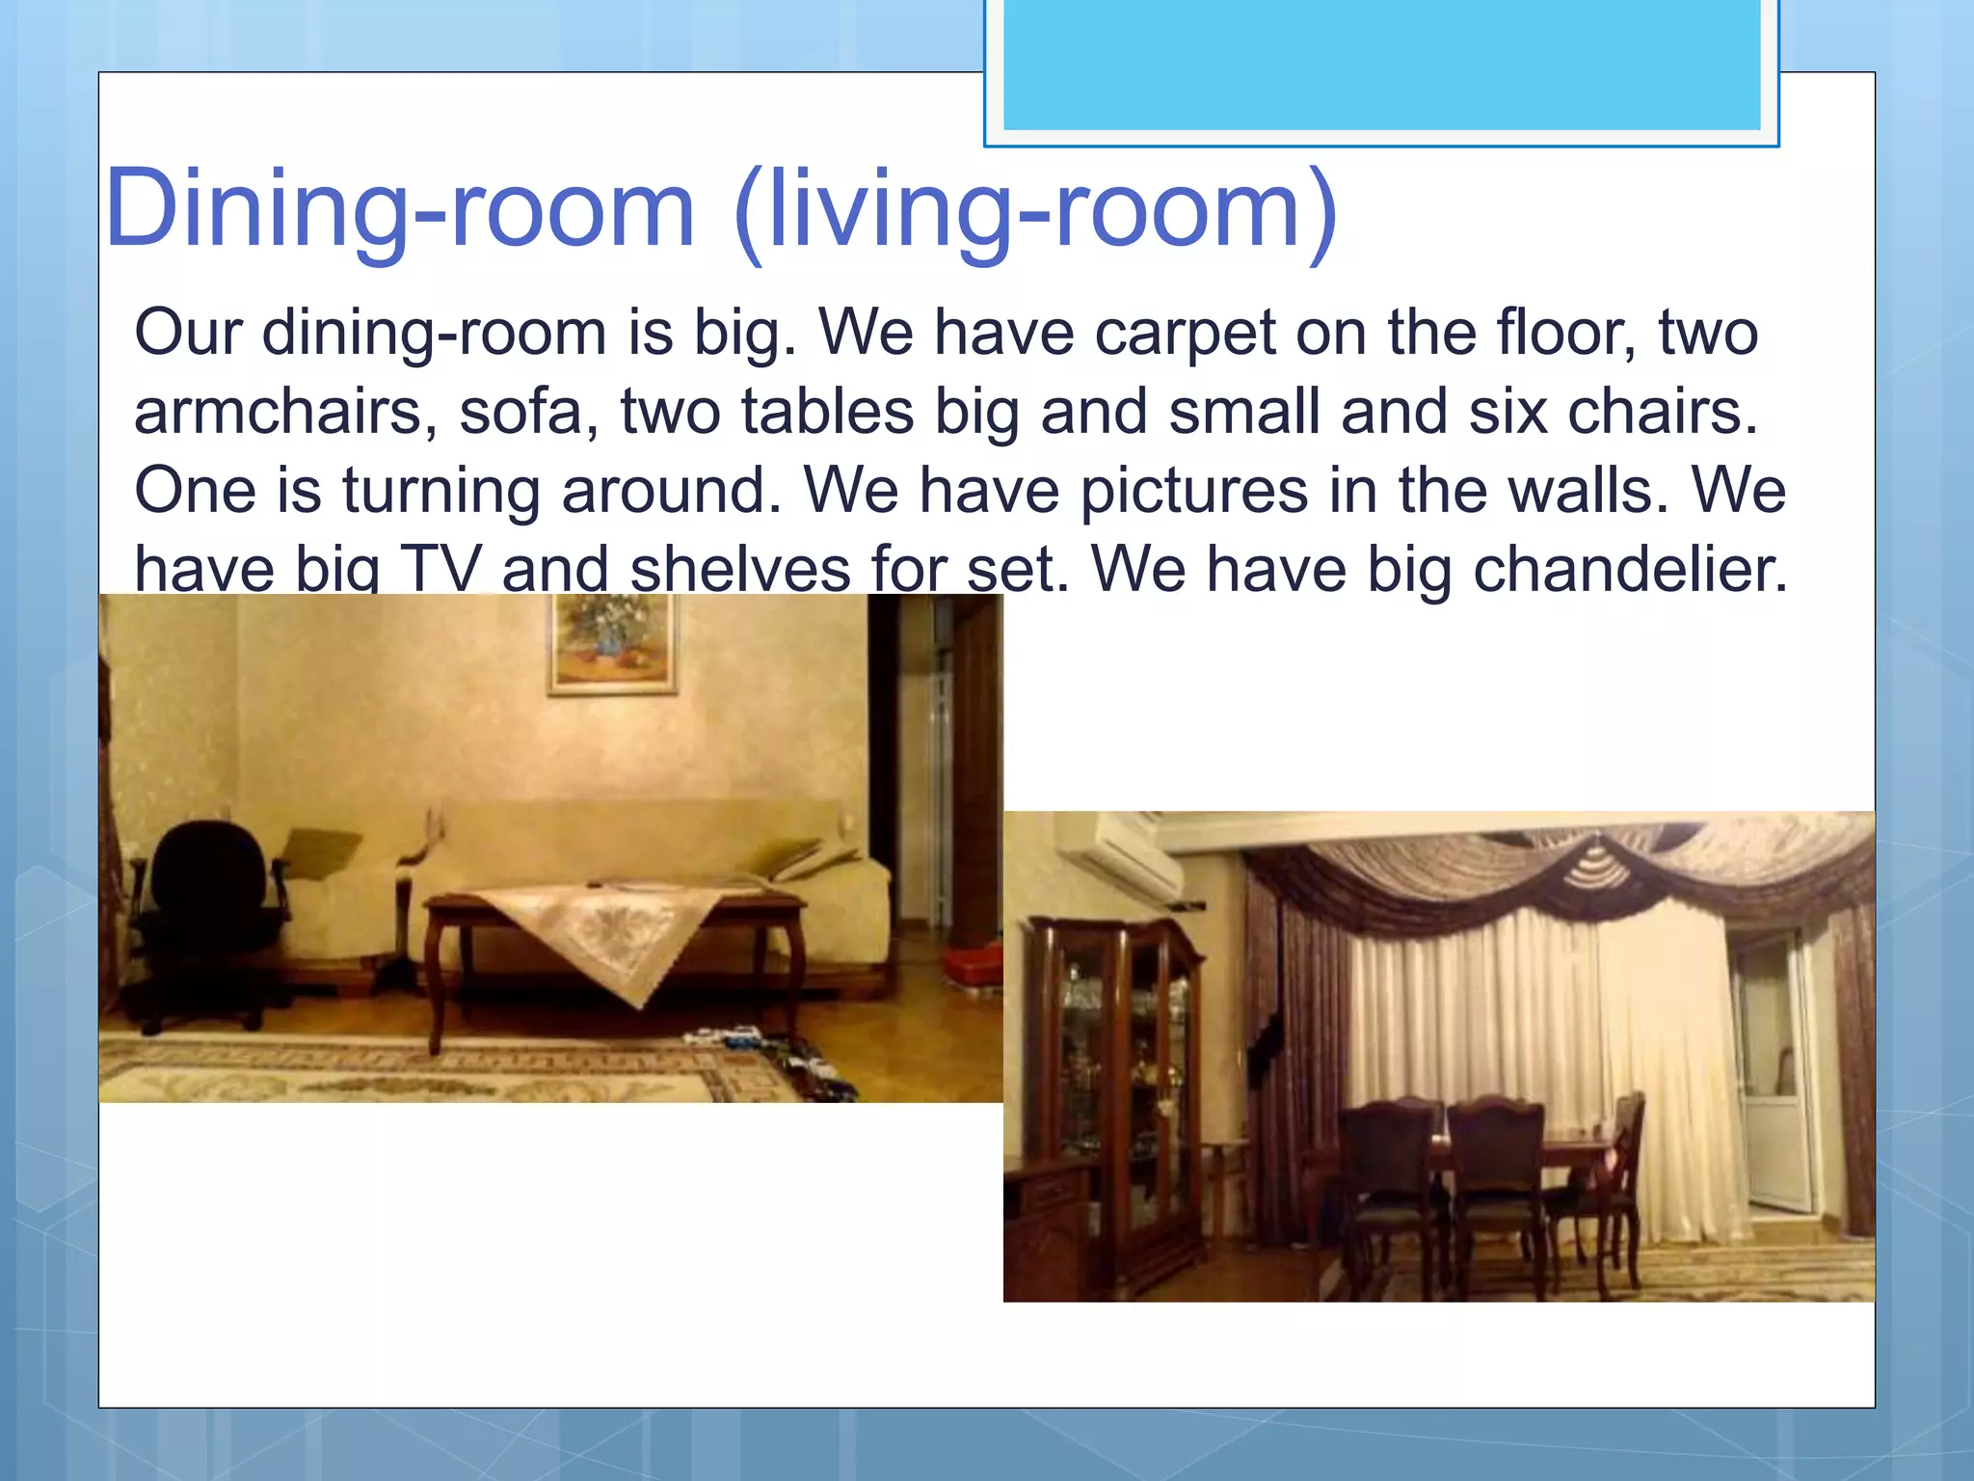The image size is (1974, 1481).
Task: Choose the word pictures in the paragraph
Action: click(1193, 492)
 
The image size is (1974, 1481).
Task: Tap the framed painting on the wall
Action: click(612, 641)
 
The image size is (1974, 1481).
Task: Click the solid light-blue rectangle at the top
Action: click(1381, 63)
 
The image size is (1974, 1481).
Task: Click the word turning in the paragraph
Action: click(440, 492)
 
